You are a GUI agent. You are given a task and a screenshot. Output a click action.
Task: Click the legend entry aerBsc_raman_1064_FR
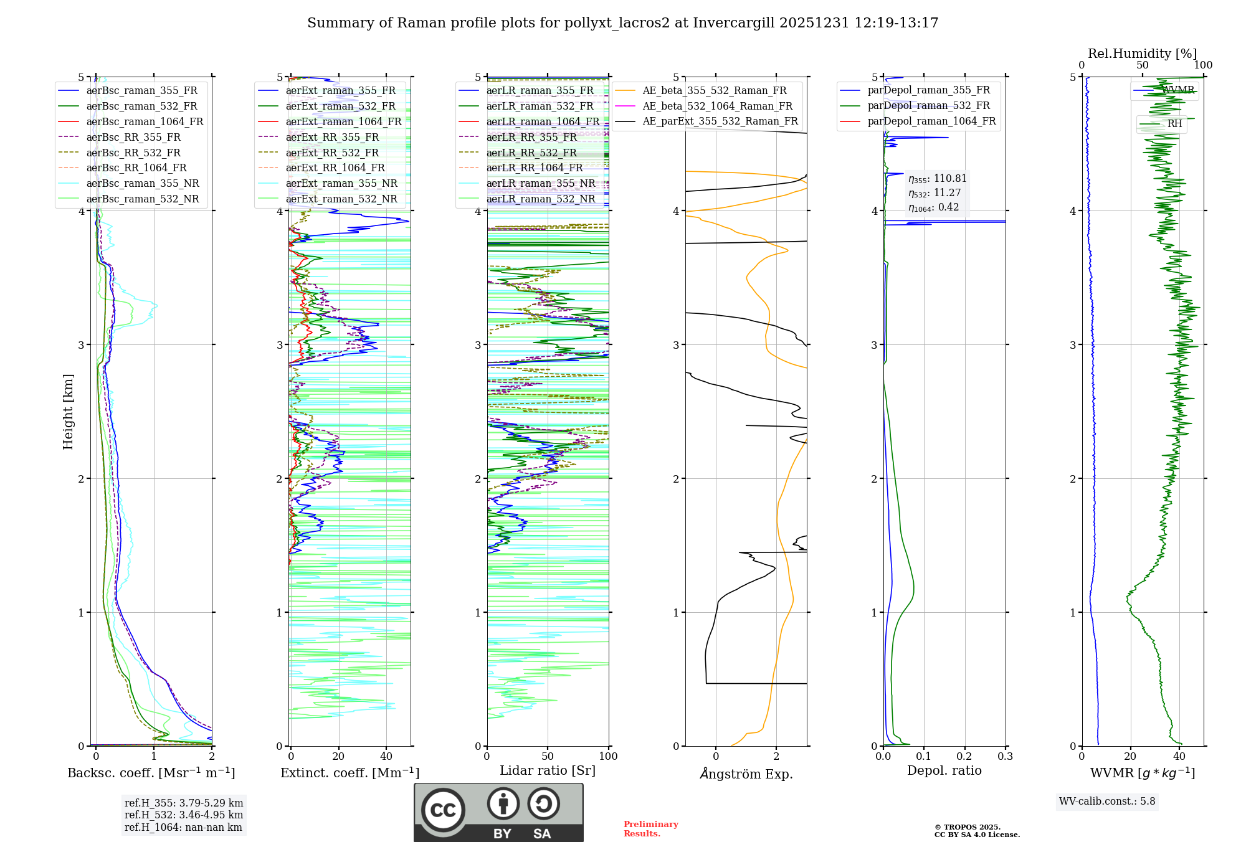pyautogui.click(x=145, y=122)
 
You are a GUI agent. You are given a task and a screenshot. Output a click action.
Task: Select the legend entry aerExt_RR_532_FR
pyautogui.click(x=332, y=153)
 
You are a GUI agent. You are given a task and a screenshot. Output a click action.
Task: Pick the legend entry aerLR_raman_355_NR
pyautogui.click(x=540, y=184)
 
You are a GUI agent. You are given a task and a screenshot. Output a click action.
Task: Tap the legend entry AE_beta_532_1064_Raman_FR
pyautogui.click(x=717, y=106)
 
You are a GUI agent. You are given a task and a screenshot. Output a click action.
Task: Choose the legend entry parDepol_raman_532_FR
pyautogui.click(x=928, y=106)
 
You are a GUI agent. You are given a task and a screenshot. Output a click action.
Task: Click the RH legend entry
pyautogui.click(x=1174, y=124)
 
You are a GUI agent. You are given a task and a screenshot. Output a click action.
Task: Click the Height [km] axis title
pyautogui.click(x=68, y=412)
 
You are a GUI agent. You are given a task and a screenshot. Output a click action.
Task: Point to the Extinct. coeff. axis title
pyautogui.click(x=350, y=773)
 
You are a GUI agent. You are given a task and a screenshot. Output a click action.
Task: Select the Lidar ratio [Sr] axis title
pyautogui.click(x=547, y=770)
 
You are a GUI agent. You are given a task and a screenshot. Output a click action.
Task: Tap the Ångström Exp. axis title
pyautogui.click(x=746, y=774)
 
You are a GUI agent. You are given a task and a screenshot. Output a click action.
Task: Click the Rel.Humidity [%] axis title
pyautogui.click(x=1142, y=54)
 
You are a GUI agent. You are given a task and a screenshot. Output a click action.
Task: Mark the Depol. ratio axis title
pyautogui.click(x=944, y=770)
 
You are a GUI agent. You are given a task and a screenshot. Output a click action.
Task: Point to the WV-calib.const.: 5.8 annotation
pyautogui.click(x=1106, y=802)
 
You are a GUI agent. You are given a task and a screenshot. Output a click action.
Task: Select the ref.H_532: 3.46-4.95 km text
pyautogui.click(x=183, y=815)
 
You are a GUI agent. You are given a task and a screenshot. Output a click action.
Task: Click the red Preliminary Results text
pyautogui.click(x=650, y=829)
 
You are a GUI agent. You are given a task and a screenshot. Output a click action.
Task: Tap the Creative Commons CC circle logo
pyautogui.click(x=443, y=810)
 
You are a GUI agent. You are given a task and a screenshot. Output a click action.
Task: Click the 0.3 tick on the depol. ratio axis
pyautogui.click(x=1005, y=757)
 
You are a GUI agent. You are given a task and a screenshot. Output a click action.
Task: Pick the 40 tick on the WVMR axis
pyautogui.click(x=1179, y=757)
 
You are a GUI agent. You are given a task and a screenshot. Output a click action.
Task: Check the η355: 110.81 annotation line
pyautogui.click(x=937, y=179)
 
